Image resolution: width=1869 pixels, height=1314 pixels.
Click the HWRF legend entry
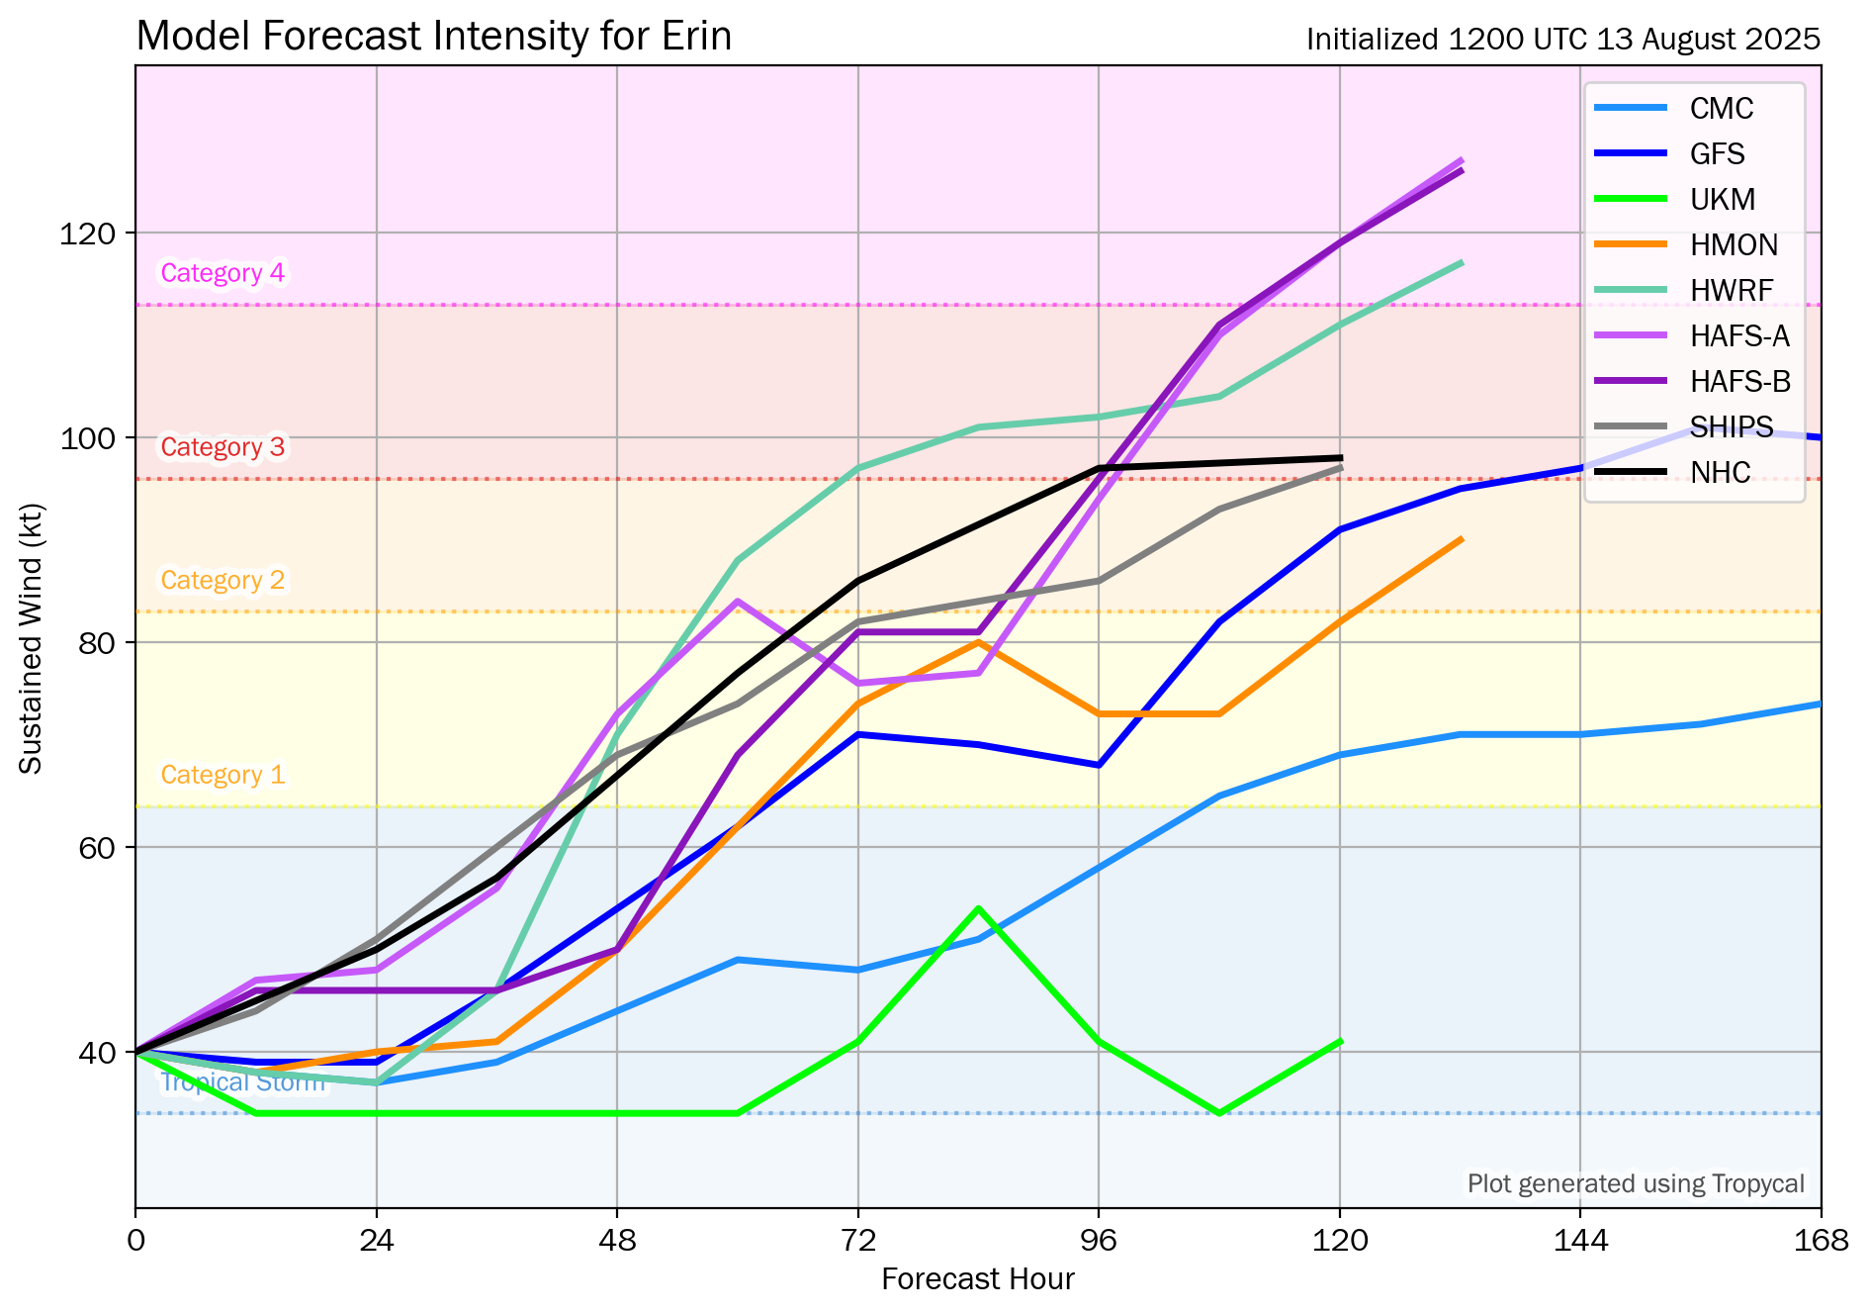pyautogui.click(x=1732, y=290)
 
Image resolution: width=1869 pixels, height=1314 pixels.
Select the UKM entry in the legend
pyautogui.click(x=1723, y=199)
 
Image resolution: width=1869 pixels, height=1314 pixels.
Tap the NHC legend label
pyautogui.click(x=1720, y=472)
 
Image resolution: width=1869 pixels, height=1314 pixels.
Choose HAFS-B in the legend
pyautogui.click(x=1739, y=381)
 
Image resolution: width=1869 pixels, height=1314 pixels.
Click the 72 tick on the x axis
pyautogui.click(x=857, y=1240)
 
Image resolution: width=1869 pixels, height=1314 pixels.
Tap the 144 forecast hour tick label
pyautogui.click(x=1580, y=1240)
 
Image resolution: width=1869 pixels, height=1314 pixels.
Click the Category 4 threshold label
pyautogui.click(x=222, y=273)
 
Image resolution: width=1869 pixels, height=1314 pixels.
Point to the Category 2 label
pyautogui.click(x=222, y=580)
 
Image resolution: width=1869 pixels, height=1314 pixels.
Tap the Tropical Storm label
pyautogui.click(x=242, y=1082)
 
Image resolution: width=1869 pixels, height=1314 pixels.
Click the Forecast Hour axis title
pyautogui.click(x=977, y=1279)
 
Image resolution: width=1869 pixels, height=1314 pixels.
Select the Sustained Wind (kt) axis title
pyautogui.click(x=32, y=639)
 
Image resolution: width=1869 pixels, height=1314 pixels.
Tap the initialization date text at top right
pyautogui.click(x=1562, y=40)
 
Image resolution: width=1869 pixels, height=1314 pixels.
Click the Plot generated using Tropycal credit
pyautogui.click(x=1636, y=1183)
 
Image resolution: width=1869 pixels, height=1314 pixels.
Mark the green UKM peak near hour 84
pyautogui.click(x=978, y=908)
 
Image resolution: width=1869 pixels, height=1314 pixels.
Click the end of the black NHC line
pyautogui.click(x=1340, y=458)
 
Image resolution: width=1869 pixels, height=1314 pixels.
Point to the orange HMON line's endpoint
pyautogui.click(x=1461, y=539)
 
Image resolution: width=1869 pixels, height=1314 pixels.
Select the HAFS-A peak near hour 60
pyautogui.click(x=738, y=602)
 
